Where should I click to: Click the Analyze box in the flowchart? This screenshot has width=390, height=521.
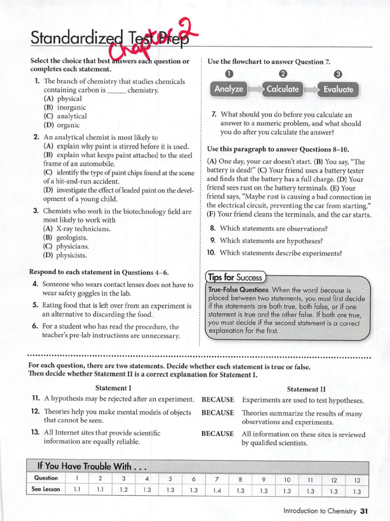229,89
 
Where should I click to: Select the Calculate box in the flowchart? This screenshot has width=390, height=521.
283,89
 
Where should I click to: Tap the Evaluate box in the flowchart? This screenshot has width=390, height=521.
338,90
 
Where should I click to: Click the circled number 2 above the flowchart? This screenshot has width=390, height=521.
283,75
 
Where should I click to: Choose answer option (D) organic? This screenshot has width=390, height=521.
62,125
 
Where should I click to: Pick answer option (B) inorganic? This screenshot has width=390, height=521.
65,107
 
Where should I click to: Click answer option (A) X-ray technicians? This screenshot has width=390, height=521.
77,228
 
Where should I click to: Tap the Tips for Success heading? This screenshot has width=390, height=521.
236,277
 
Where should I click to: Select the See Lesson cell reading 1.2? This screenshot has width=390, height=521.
123,490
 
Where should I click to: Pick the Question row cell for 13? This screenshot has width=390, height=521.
356,479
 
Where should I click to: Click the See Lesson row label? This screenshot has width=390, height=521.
47,489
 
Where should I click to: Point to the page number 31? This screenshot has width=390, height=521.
364,511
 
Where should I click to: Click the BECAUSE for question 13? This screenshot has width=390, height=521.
218,434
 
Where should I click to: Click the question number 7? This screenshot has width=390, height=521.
214,115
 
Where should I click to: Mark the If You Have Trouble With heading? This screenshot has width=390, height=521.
91,466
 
